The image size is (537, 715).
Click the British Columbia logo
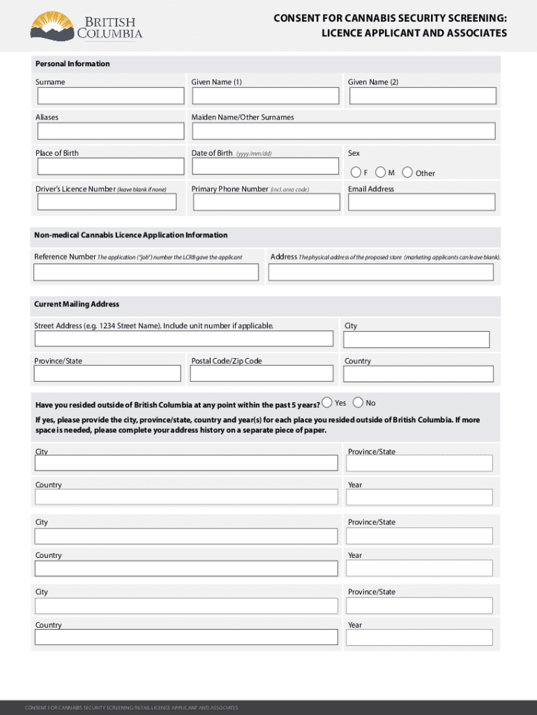(x=86, y=27)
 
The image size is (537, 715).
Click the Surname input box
(x=110, y=96)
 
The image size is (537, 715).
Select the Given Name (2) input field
(x=423, y=96)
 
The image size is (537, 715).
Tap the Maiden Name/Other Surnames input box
(x=344, y=131)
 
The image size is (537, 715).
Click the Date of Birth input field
(x=266, y=166)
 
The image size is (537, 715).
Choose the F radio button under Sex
(x=356, y=172)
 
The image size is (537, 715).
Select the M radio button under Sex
(x=381, y=172)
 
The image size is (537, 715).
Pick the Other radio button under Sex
(x=407, y=172)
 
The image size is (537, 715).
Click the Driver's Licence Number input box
(x=107, y=202)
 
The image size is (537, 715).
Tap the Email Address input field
(x=422, y=202)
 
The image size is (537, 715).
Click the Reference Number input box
(x=147, y=272)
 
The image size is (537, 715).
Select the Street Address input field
(x=184, y=339)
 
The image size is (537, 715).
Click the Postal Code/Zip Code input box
(x=264, y=374)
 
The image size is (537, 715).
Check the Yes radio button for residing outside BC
(x=327, y=402)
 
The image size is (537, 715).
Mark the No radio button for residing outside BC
(x=358, y=402)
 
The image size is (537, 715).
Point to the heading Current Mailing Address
(x=77, y=304)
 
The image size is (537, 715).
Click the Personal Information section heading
(x=73, y=64)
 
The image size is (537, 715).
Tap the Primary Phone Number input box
(x=266, y=202)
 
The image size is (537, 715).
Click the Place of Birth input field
(x=110, y=166)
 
